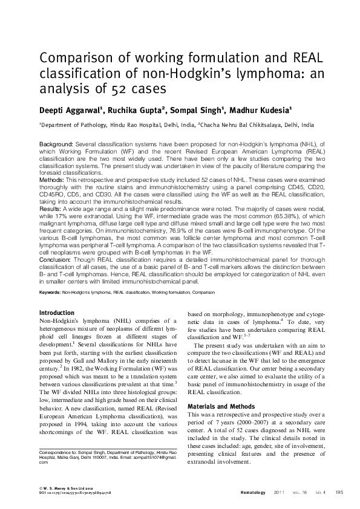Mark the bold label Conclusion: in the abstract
tap(56, 264)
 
